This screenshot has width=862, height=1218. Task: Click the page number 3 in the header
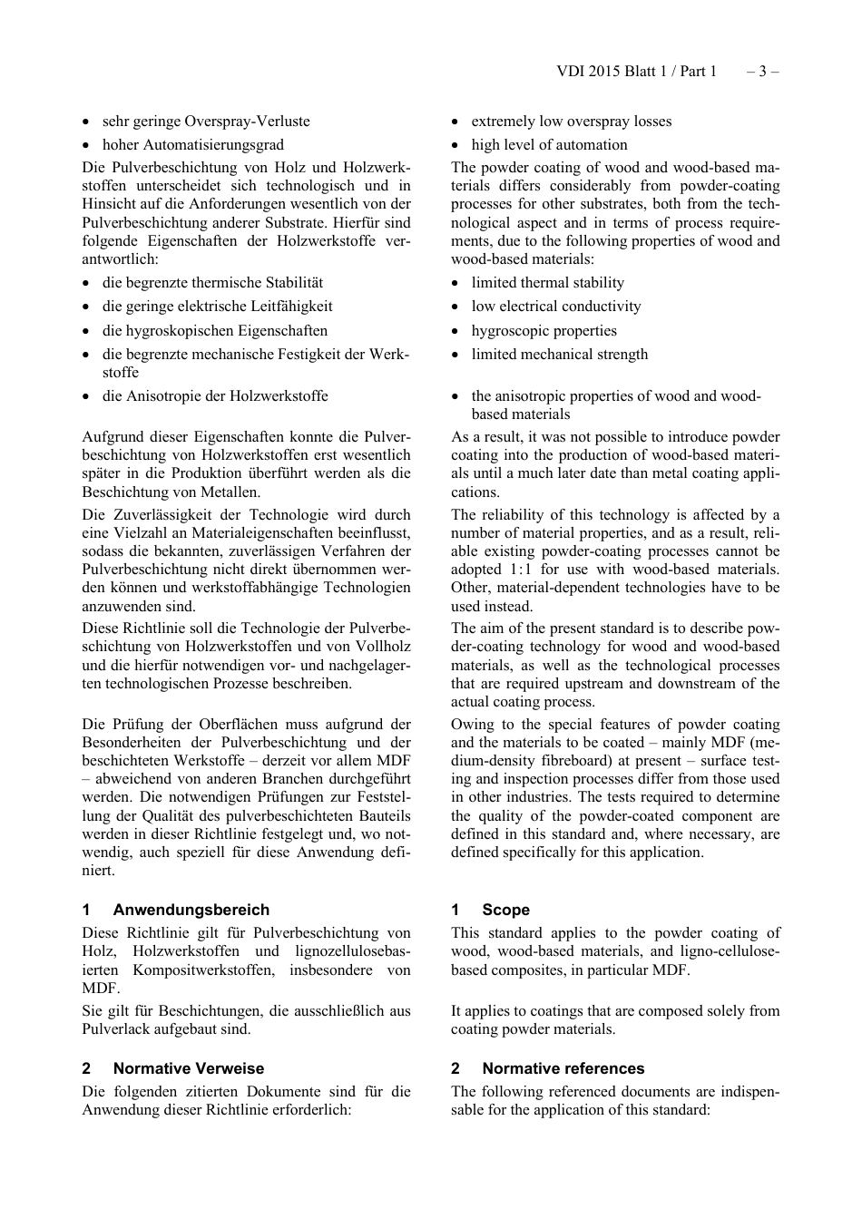[762, 72]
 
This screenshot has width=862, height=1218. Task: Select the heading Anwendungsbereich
[191, 910]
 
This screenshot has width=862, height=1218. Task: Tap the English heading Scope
[505, 910]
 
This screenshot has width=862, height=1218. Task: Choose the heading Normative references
[563, 1068]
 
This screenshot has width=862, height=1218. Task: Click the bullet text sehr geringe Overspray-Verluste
[206, 122]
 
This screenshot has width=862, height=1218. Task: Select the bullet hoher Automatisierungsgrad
[192, 145]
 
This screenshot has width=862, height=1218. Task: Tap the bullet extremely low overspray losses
[571, 122]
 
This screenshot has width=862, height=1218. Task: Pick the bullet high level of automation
[549, 145]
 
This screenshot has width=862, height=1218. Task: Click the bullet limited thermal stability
[547, 283]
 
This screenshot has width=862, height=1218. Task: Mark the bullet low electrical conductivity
[555, 307]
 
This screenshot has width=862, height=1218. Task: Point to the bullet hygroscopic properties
[544, 331]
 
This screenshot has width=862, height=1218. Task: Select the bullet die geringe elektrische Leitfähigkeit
[217, 307]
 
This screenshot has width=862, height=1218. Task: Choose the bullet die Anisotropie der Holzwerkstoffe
[215, 396]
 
